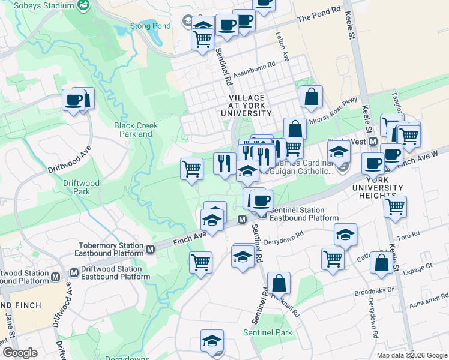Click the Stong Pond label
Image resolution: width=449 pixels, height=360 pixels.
[151, 26]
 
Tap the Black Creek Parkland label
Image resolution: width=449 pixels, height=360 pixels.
[136, 130]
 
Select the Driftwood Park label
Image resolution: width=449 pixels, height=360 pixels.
[81, 187]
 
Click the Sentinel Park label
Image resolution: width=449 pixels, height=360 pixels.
[267, 332]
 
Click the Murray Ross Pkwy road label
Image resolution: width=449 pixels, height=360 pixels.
[333, 111]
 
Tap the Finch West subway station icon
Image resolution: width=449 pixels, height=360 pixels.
[373, 142]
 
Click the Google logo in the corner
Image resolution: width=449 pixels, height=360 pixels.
[20, 353]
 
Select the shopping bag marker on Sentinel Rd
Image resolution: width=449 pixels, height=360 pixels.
[279, 283]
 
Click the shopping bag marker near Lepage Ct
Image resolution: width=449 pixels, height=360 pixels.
[382, 263]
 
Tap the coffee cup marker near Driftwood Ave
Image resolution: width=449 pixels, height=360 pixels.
[74, 100]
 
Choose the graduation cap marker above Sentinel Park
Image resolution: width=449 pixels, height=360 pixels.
[211, 341]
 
